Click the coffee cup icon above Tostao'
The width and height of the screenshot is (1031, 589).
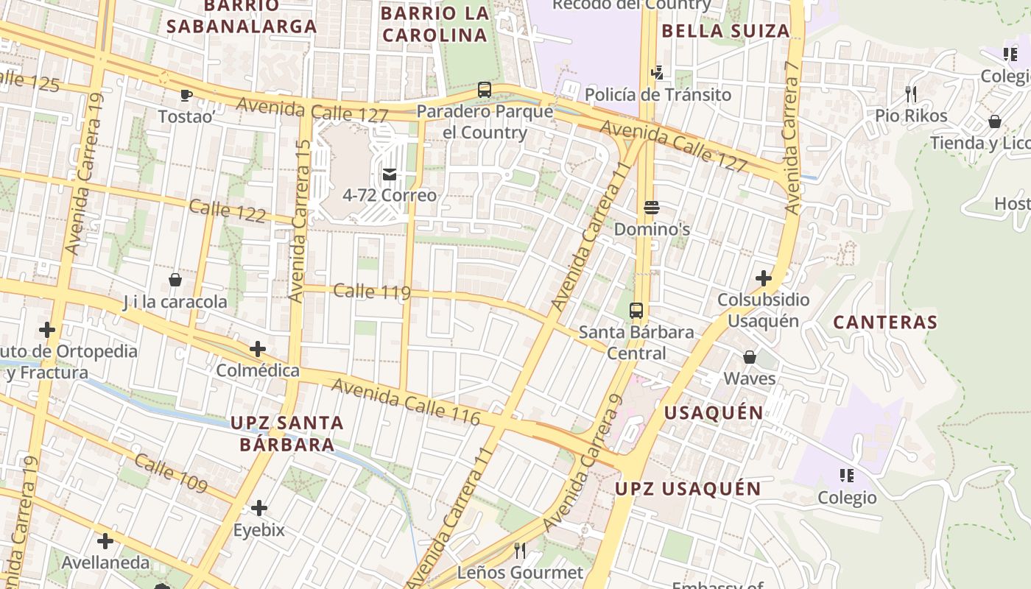[x=186, y=95]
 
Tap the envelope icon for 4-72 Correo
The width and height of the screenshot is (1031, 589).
[x=390, y=174]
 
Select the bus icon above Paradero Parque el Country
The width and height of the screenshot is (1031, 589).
[x=485, y=90]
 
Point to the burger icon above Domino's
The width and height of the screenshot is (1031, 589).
[x=651, y=208]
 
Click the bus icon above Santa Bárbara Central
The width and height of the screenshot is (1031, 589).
[x=636, y=311]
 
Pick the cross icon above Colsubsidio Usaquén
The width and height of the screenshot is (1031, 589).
[x=764, y=278]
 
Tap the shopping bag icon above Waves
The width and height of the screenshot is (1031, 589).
[x=750, y=357]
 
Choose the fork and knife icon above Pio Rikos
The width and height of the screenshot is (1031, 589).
[x=911, y=94]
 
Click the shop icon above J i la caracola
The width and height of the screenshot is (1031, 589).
[x=175, y=280]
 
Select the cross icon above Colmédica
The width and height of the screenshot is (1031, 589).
[x=258, y=348]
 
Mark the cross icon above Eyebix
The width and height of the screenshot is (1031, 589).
[x=258, y=508]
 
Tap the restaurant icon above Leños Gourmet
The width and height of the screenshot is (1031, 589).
[x=520, y=551]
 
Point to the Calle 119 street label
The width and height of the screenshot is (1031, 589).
[x=372, y=292]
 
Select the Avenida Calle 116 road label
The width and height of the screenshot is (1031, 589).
[x=405, y=401]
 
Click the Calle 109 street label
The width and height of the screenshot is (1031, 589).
[x=171, y=473]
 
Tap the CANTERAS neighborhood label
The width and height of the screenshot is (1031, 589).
[x=885, y=322]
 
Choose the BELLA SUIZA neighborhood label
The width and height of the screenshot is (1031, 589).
[x=725, y=31]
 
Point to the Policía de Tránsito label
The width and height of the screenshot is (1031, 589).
[x=658, y=94]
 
